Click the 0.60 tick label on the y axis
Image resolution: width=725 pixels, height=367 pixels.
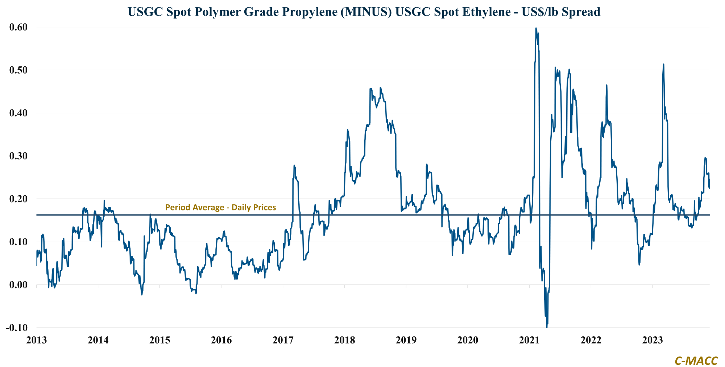18,27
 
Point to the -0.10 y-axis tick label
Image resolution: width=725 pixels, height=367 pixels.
17,328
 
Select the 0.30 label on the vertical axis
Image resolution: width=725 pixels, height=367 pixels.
18,156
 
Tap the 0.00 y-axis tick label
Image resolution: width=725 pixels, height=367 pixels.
18,285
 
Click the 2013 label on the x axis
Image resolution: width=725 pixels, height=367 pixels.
37,340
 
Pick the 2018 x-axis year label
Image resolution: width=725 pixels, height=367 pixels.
344,340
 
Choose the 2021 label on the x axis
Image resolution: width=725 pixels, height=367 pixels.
529,340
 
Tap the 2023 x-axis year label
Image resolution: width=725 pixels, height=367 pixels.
652,340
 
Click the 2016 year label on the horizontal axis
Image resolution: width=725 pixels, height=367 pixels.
221,340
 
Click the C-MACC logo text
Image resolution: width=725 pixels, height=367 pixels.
696,361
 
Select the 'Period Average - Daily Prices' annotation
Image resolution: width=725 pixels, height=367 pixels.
220,208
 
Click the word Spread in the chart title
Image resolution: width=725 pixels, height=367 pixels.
582,12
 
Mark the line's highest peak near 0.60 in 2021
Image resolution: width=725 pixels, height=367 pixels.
536,28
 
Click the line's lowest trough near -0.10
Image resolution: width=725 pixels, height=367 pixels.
547,327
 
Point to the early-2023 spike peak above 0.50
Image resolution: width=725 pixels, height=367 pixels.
663,64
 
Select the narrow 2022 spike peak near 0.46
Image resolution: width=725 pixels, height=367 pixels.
606,85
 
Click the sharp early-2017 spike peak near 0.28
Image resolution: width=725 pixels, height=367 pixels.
294,166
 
